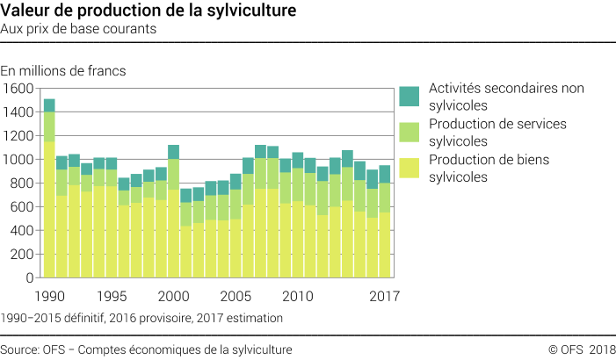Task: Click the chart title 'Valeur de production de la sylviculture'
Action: [x=149, y=11]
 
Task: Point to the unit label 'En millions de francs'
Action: [x=63, y=70]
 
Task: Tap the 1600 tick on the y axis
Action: [x=18, y=89]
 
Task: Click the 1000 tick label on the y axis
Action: [x=18, y=160]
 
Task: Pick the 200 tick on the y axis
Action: [x=22, y=255]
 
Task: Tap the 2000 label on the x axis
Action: [x=173, y=295]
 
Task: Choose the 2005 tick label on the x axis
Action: [x=236, y=295]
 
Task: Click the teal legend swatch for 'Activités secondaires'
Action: [x=409, y=96]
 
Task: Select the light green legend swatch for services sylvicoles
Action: [x=409, y=132]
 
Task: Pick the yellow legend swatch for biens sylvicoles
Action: [x=409, y=166]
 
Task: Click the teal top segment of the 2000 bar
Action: [x=173, y=152]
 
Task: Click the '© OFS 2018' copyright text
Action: [x=582, y=349]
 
